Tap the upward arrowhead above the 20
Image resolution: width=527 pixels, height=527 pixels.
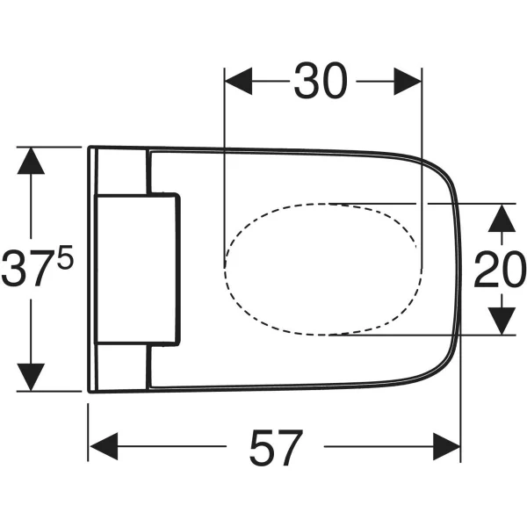[501, 215]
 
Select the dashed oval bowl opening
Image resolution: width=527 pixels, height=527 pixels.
[321, 268]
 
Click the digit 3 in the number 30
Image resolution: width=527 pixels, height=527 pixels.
[305, 82]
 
